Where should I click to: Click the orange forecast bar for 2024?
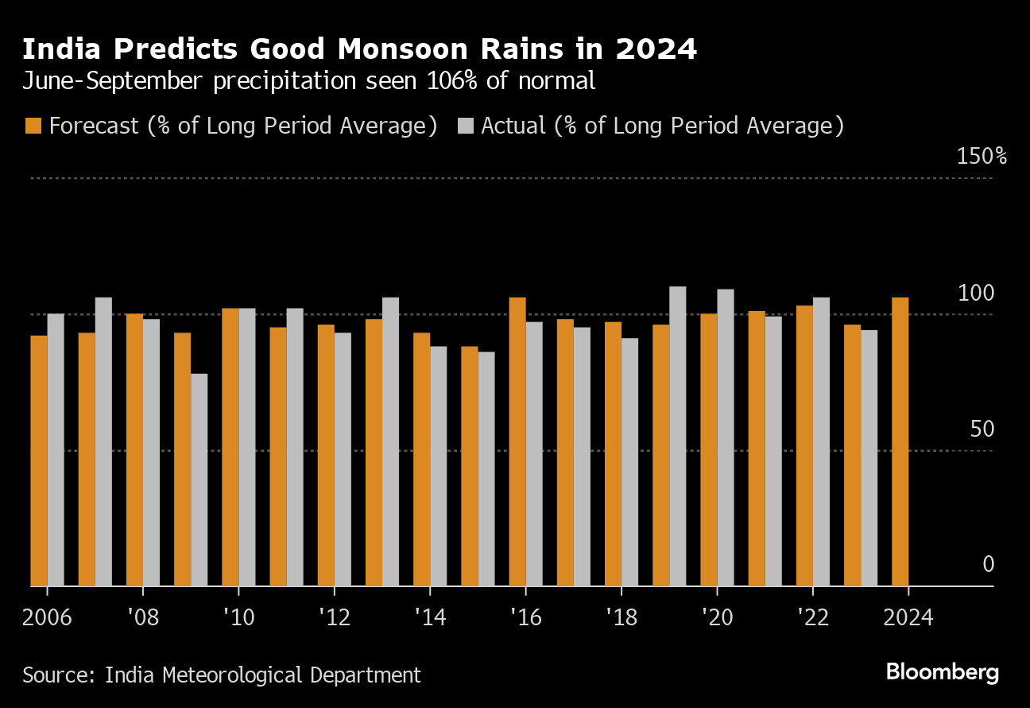coord(900,442)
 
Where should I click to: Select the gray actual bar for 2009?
coord(199,480)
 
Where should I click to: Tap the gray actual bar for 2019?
coord(677,436)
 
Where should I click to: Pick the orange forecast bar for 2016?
coord(517,442)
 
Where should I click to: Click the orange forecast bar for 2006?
coord(38,461)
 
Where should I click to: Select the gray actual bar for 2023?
coord(869,458)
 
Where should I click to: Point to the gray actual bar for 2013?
coord(390,442)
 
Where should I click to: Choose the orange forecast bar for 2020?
coord(708,449)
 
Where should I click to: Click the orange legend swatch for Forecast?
coord(33,126)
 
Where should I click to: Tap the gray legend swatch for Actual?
coord(467,126)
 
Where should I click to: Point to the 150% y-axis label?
coord(982,156)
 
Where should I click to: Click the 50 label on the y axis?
coord(983,430)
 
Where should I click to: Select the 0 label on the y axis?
coord(988,565)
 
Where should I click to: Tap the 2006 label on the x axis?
coord(47,617)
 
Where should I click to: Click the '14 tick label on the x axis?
coord(429,617)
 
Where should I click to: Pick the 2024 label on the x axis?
coord(908,617)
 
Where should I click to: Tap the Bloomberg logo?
coord(942,672)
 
